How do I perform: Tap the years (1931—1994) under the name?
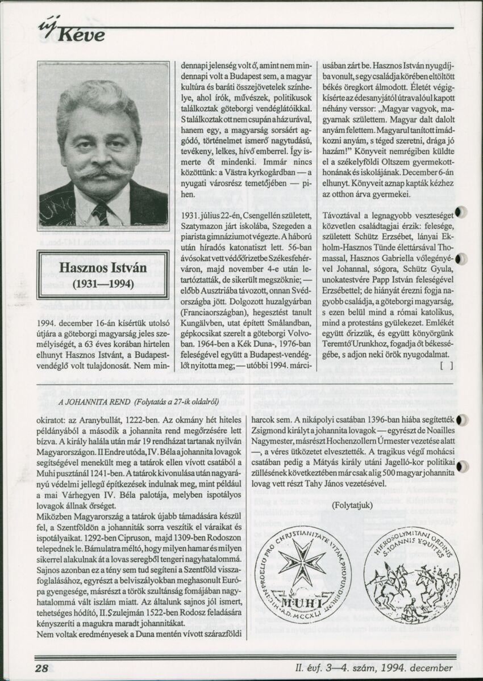(x=103, y=284)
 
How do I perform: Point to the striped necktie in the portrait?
(x=100, y=213)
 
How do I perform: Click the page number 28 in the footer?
(x=41, y=667)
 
